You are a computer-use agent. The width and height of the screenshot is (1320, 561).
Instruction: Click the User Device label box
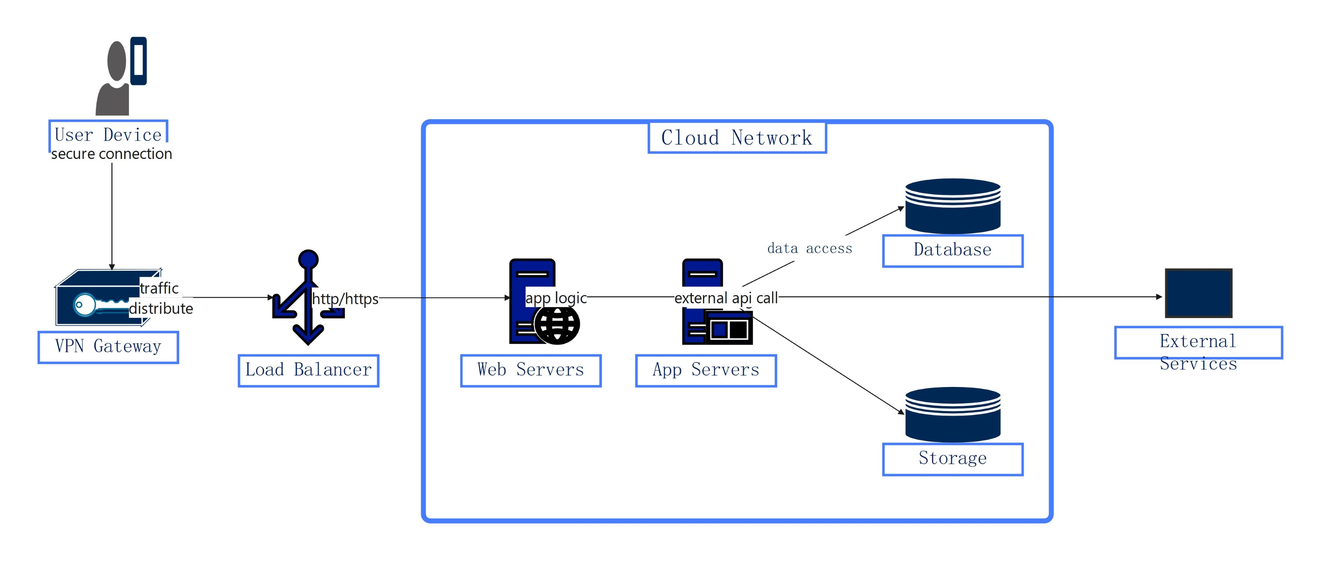coord(108,134)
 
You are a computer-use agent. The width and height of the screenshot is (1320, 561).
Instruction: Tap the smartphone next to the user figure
coord(138,61)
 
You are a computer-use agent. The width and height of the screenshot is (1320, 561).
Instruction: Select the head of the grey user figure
coord(117,61)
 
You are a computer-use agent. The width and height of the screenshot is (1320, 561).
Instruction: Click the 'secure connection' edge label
coord(111,154)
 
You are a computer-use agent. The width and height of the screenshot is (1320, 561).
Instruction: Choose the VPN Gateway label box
coord(108,347)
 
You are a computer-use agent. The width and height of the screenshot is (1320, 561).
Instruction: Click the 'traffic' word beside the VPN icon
coord(159,288)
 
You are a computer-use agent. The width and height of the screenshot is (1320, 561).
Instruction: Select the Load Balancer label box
coord(308,370)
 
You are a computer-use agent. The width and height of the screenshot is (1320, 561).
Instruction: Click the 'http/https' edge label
coord(345,298)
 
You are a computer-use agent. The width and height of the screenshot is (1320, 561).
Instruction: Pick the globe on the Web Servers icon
coord(557,325)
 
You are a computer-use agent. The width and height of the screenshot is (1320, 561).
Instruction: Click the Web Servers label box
coord(530,370)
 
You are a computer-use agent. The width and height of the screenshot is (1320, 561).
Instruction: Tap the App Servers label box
coord(706,370)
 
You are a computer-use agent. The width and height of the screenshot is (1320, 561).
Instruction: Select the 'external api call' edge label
coord(726,298)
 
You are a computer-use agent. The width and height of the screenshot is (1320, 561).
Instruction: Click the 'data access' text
coord(809,249)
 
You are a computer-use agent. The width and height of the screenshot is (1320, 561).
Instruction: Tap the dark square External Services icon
coord(1198,293)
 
